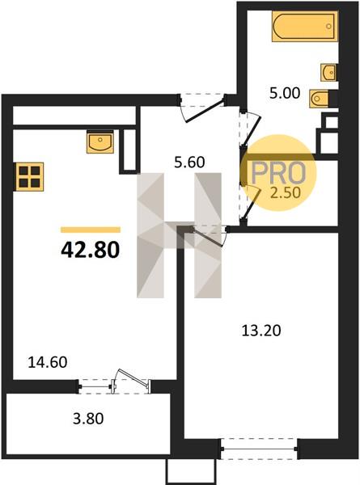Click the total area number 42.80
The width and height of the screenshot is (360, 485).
(x=90, y=250)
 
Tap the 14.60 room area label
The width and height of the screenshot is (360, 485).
(x=48, y=362)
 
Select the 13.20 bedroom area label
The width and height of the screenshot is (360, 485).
(x=261, y=331)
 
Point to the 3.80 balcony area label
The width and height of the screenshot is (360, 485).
(x=88, y=419)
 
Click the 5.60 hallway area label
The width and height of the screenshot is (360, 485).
(x=189, y=162)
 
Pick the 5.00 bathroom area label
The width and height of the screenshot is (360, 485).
(x=285, y=93)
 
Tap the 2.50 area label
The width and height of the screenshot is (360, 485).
(x=286, y=192)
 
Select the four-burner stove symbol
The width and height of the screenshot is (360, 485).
(x=29, y=176)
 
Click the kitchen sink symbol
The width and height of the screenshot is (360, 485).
(x=100, y=141)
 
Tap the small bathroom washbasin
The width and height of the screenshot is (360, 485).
(x=328, y=73)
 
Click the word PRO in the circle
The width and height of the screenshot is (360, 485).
(x=278, y=173)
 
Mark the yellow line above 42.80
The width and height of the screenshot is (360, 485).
(x=91, y=230)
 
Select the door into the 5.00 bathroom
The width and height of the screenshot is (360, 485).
(x=250, y=129)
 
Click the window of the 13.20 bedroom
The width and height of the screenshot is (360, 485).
(x=259, y=449)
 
